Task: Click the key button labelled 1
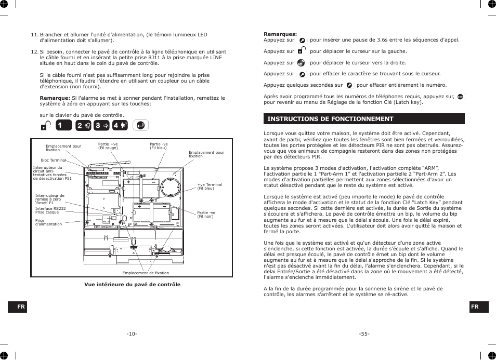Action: pos(63,125)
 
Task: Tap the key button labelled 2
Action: pos(83,125)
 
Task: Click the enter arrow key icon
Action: pos(140,125)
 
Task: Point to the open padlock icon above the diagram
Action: pos(46,126)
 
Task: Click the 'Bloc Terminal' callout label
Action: pos(54,161)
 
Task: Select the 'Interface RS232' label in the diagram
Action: pos(50,208)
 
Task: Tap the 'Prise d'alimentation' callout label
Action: pos(48,222)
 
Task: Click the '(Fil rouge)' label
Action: pos(108,148)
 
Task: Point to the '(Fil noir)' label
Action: pos(206,216)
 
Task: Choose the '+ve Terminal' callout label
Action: pos(209,184)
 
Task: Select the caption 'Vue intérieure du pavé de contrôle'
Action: pos(133,284)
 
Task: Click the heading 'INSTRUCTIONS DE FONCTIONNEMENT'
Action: pos(330,119)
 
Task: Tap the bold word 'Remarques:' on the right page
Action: pos(280,34)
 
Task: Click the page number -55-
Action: pos(364,334)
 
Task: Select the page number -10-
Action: pos(132,334)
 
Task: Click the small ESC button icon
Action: pos(460,97)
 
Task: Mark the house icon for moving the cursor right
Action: pos(301,63)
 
